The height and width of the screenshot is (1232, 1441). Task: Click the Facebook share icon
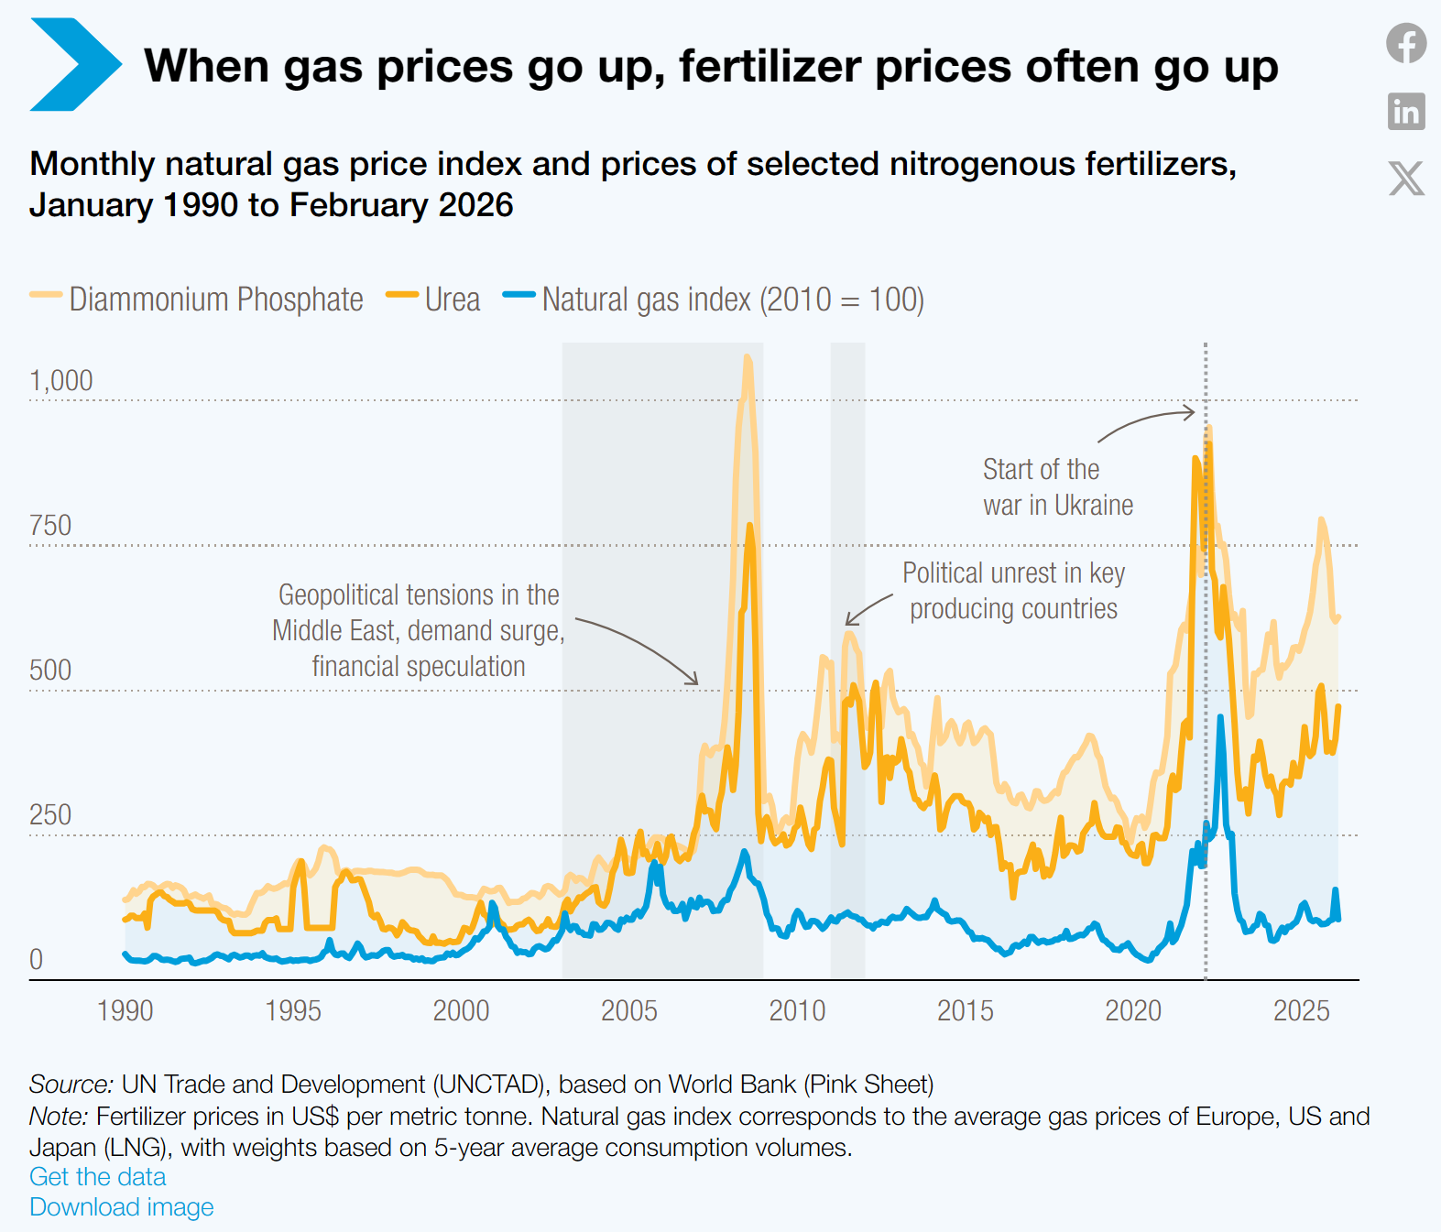coord(1406,44)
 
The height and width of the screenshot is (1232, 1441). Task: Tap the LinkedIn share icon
coord(1406,112)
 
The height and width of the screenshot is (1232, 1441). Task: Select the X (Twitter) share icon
coord(1406,179)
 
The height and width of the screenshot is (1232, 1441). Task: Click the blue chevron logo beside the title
coord(74,65)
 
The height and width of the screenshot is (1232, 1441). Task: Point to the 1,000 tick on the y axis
coord(61,381)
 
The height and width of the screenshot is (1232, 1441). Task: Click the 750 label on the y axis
coord(50,526)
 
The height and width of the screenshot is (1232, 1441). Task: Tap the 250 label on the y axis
coord(50,815)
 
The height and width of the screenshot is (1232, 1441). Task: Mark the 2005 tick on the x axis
coord(629,1011)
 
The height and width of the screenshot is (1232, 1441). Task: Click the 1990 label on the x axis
coord(126,1011)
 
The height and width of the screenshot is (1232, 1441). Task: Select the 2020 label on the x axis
coord(1133,1011)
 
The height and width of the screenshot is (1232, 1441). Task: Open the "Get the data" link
coord(98,1177)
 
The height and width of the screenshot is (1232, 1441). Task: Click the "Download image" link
coord(122,1207)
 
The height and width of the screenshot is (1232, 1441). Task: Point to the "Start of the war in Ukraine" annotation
coord(1057,487)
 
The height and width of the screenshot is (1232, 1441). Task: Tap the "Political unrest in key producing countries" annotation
coord(1013,591)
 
